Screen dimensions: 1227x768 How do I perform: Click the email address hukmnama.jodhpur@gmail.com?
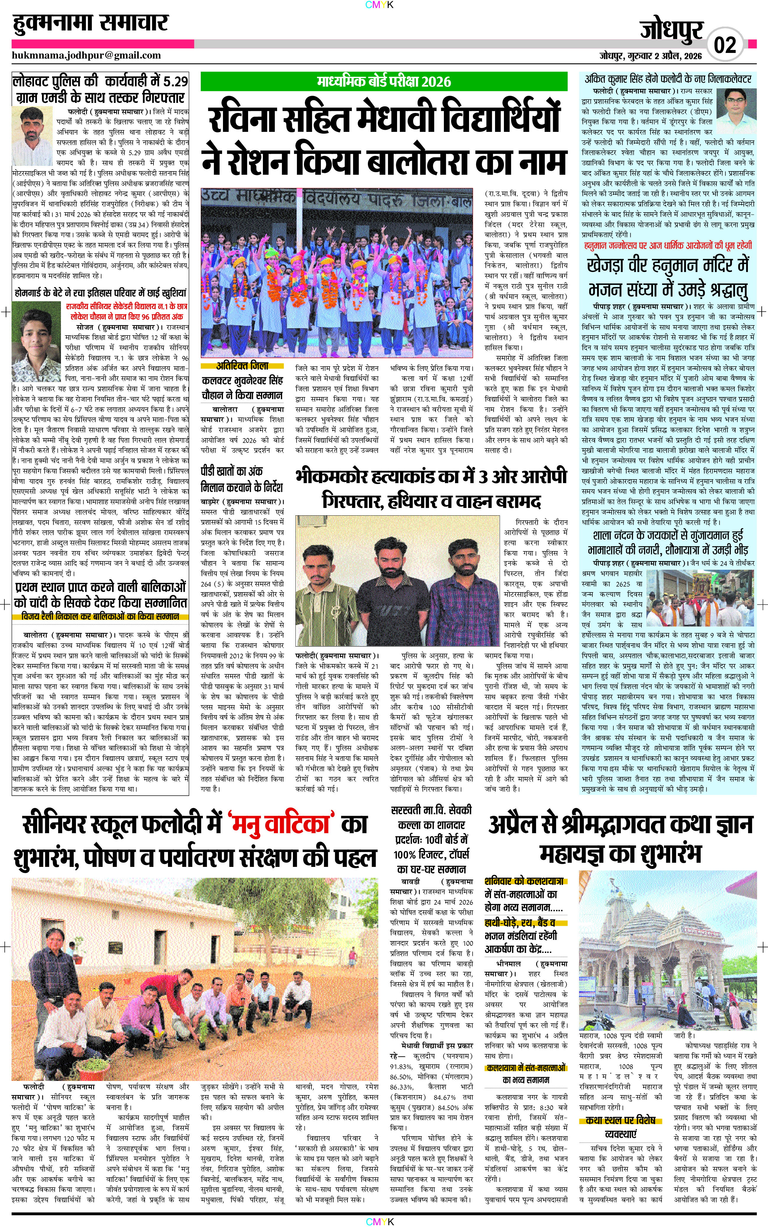point(86,55)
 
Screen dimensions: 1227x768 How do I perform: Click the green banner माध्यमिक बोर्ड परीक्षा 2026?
point(384,81)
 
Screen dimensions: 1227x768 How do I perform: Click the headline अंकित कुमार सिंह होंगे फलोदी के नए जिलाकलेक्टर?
point(667,79)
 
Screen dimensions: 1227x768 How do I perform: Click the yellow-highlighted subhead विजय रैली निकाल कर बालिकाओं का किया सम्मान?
point(100,616)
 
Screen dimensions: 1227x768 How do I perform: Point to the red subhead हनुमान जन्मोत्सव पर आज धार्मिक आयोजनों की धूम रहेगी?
point(667,246)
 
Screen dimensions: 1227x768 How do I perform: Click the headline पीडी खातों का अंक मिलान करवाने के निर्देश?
point(242,479)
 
